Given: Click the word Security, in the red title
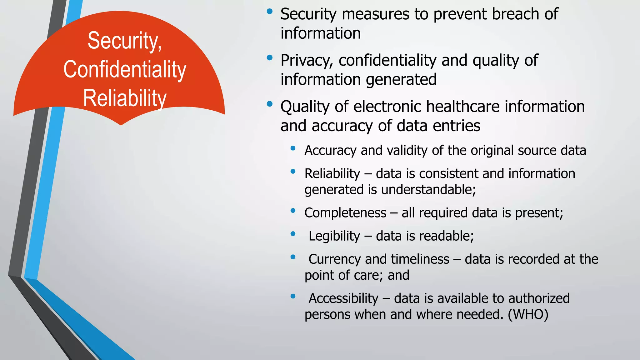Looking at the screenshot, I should (x=124, y=41).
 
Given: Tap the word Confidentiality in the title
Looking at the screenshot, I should (x=125, y=70).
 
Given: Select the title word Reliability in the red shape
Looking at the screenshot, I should (x=125, y=98).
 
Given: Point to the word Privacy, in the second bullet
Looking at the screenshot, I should (x=306, y=61).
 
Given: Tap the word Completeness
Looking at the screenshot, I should (x=345, y=213).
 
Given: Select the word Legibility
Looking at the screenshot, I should (x=334, y=236).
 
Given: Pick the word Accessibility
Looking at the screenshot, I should (x=343, y=298).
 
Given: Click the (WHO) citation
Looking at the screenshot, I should (x=528, y=314).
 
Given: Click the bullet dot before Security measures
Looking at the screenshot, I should (x=269, y=12).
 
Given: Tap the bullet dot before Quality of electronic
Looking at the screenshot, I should (x=269, y=104).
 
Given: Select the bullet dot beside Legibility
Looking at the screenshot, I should (x=293, y=233).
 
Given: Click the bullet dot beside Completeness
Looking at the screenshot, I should (x=293, y=210).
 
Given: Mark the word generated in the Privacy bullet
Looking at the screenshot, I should (x=401, y=80).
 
